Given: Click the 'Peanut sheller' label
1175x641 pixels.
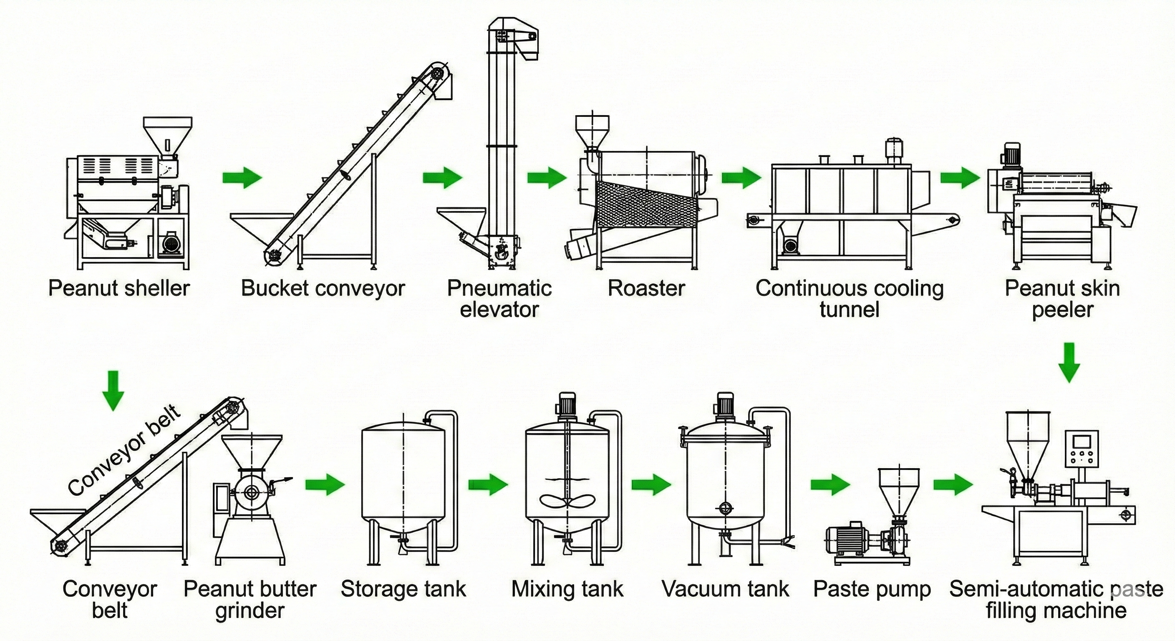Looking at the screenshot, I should (x=119, y=288).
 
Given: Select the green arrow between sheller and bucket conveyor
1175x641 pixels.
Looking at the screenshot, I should (x=242, y=177).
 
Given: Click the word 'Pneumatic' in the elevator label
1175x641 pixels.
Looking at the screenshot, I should (x=499, y=288).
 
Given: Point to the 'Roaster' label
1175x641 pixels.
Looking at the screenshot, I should (x=646, y=288).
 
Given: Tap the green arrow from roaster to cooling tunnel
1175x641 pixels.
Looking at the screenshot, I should (x=741, y=177).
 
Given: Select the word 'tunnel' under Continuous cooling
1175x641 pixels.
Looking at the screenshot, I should (x=849, y=310).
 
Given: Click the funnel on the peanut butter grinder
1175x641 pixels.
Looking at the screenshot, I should (x=251, y=452).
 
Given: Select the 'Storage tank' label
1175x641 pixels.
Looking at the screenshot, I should (x=403, y=589).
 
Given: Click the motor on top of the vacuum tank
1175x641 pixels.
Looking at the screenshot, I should (x=725, y=404).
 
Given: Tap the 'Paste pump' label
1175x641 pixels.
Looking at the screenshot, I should (x=872, y=589).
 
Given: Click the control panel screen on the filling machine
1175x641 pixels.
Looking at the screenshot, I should (x=1082, y=442).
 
